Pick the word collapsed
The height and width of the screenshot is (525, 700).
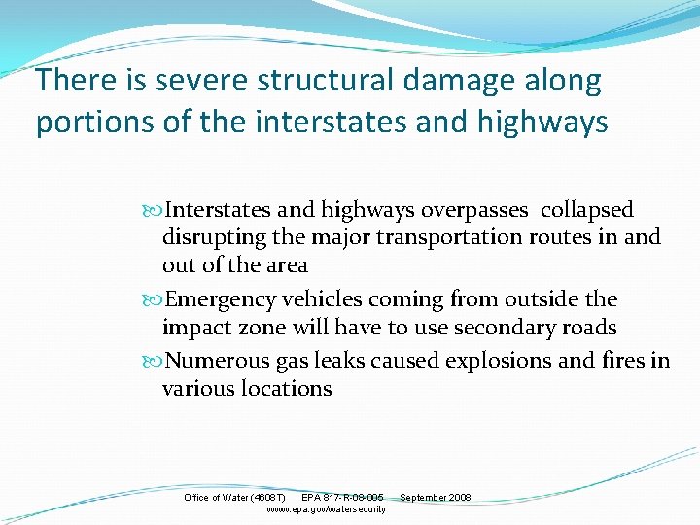click(587, 210)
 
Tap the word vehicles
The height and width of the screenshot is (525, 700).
click(324, 299)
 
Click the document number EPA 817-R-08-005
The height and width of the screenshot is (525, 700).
click(342, 498)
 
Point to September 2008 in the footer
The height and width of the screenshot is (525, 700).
click(436, 498)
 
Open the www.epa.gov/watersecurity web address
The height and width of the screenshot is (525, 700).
click(326, 509)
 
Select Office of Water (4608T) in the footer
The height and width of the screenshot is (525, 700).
click(234, 498)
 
